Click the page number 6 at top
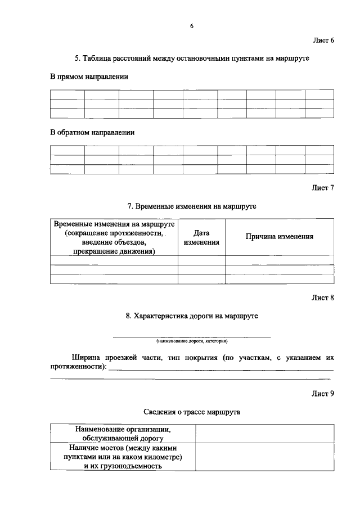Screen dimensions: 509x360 click(192, 26)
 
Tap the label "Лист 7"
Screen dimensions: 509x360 click(323, 188)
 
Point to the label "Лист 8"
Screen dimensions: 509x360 click(323, 298)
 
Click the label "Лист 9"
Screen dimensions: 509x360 click(323, 394)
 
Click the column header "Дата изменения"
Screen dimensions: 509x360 click(201, 237)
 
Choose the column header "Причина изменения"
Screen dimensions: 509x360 click(279, 237)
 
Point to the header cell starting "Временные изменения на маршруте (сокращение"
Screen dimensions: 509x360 click(114, 237)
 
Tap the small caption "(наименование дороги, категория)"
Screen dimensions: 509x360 click(192, 341)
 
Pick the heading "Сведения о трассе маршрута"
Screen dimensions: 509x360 click(192, 412)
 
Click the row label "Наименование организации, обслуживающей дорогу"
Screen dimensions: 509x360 click(123, 433)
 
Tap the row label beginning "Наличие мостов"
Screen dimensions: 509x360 click(123, 457)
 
